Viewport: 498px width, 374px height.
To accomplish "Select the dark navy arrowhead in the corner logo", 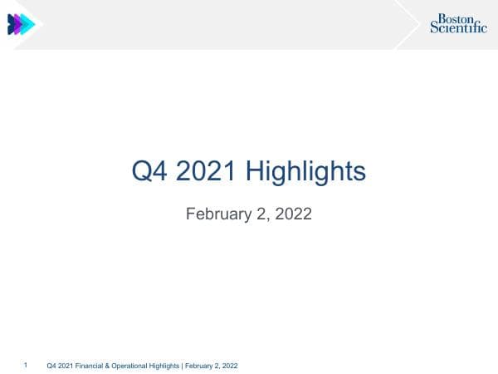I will coord(11,25).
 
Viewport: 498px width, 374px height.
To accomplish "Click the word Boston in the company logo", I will coord(454,17).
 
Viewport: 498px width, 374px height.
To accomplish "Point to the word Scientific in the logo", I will coord(458,27).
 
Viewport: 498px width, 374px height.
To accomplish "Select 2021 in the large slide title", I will coord(207,172).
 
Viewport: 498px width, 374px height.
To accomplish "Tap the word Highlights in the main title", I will coord(306,172).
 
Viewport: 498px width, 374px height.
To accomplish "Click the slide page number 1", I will coord(27,364).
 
